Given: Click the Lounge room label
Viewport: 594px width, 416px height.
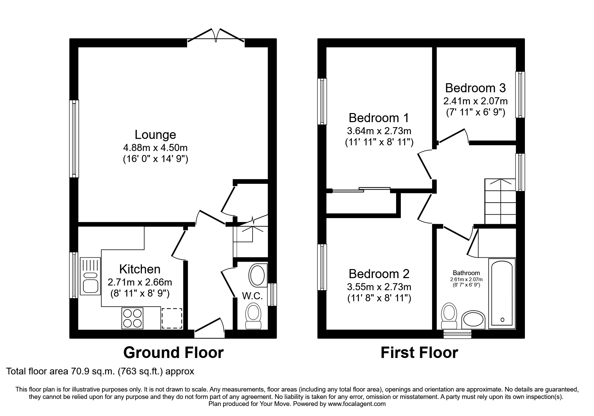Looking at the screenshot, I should click(155, 135).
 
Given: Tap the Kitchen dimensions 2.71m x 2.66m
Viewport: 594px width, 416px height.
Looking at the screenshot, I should click(140, 282).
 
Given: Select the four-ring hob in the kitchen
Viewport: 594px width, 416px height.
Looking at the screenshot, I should click(132, 318).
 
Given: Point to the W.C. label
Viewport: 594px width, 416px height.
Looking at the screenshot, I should click(252, 296).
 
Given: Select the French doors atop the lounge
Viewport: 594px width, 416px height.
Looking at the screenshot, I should click(216, 36).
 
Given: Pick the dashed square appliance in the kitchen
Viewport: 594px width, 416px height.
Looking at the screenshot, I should click(172, 318).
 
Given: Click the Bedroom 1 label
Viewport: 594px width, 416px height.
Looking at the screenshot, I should click(379, 118).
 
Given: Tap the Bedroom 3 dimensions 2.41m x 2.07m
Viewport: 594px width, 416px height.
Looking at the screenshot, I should click(475, 101).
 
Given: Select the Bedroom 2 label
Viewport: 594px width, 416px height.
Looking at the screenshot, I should click(379, 274).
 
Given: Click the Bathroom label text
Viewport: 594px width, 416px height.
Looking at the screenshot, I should click(466, 273).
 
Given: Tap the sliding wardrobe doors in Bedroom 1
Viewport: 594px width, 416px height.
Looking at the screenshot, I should click(362, 190).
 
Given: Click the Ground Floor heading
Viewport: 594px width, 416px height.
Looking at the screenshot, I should click(173, 353).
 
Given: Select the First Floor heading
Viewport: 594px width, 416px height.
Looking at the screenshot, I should click(419, 353).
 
